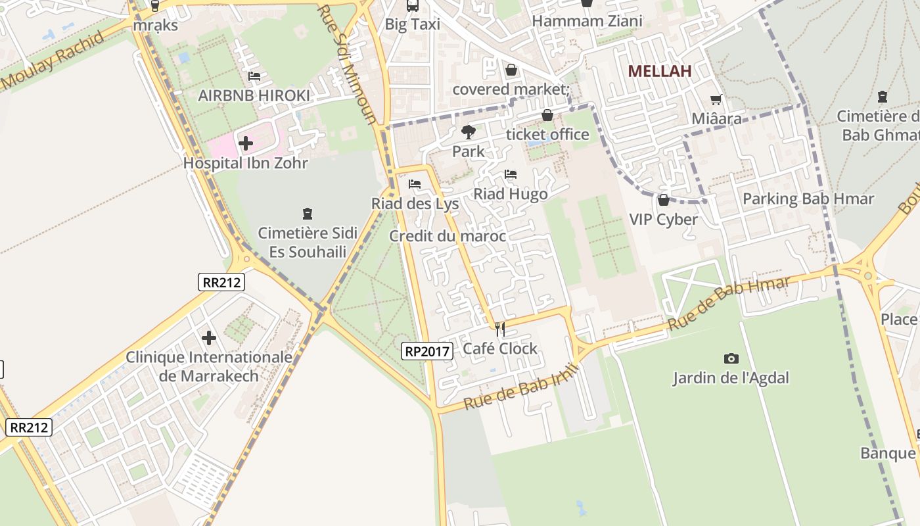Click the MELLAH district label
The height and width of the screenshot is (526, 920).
[x=659, y=71]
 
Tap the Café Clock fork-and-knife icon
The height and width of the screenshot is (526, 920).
[x=501, y=329]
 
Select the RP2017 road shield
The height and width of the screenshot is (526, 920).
[x=427, y=351]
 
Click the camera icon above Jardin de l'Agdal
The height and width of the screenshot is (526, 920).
[x=731, y=358]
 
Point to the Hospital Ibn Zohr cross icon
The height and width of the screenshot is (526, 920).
[x=245, y=143]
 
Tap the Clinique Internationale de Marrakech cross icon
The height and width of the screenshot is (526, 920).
[x=209, y=338]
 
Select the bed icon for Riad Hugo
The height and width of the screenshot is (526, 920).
[x=510, y=174]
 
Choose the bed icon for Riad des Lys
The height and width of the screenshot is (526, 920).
[x=414, y=183]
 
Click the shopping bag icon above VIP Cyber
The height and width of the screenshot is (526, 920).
[x=663, y=200]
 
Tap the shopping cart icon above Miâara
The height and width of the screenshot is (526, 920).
[x=716, y=100]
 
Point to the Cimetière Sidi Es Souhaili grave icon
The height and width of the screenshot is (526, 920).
[x=307, y=213]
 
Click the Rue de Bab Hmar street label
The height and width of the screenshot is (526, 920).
[x=729, y=303]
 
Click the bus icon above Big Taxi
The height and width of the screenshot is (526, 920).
[x=412, y=6]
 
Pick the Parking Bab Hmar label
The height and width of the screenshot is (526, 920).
[x=808, y=199]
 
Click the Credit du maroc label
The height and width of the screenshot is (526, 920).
[x=448, y=236]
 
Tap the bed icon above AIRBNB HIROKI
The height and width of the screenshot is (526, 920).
[x=254, y=76]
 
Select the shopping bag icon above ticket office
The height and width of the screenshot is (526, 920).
[x=547, y=116]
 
